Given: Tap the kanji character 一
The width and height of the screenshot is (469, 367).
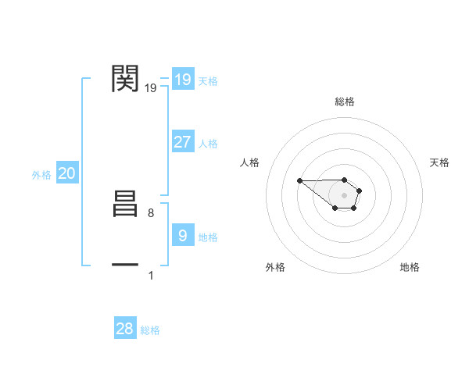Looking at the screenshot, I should tap(126, 265).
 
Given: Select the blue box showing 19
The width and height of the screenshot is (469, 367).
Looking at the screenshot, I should tap(182, 80).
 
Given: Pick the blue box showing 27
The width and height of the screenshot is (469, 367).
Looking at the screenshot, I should tap(182, 142).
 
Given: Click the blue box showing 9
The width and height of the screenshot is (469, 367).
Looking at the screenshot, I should tap(182, 236).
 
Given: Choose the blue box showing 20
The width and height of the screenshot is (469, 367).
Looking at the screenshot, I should tap(66, 173).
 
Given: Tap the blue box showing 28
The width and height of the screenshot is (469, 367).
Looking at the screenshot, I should tap(125, 329).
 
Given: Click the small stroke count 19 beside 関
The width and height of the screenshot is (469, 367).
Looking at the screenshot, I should tap(151, 88).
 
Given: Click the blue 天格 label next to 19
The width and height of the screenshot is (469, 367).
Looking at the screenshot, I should tap(208, 81).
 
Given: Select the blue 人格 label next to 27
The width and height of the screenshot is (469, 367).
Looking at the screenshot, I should tap(208, 144).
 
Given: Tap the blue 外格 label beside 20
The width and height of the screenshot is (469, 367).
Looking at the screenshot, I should tap(41, 175).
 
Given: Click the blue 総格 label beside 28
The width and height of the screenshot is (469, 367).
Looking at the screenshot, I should tap(150, 330).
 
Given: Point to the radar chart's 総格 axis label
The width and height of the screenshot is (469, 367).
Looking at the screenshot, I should tap(345, 102).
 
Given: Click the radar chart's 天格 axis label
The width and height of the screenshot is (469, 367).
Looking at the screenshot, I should tap(439, 162).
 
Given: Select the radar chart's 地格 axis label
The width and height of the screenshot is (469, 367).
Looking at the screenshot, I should tap(410, 267).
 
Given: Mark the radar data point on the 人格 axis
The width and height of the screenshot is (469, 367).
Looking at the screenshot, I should tap(299, 180).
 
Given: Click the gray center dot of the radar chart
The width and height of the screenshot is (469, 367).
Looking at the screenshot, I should tap(345, 194).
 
